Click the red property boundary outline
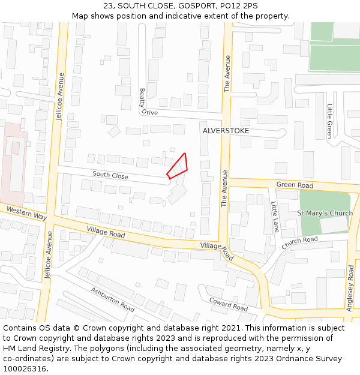178,166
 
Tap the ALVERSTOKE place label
226,130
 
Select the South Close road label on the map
110,176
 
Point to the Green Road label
295,185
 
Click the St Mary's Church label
325,213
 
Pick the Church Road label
299,243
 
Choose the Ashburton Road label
113,299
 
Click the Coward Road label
229,304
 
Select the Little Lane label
275,217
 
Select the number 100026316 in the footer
25,369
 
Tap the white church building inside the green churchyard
334,225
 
